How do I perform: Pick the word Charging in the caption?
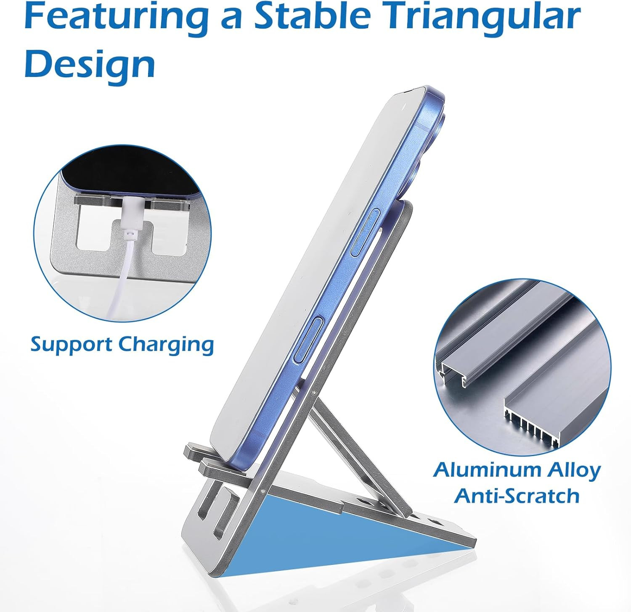click(166, 345)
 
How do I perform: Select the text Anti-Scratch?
click(517, 496)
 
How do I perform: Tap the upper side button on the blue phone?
click(366, 234)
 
